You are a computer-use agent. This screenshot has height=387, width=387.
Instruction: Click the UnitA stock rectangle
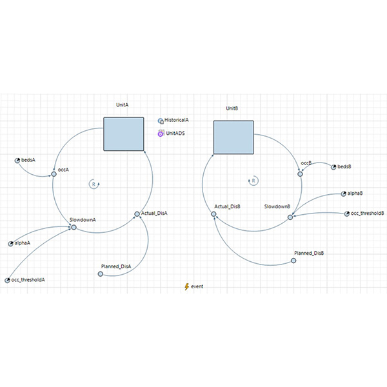tap(124, 134)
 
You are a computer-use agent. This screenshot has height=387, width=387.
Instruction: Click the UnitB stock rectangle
tap(233, 137)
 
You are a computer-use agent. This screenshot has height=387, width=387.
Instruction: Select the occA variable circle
tap(54, 174)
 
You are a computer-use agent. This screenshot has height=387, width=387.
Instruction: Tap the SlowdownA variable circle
tap(74, 227)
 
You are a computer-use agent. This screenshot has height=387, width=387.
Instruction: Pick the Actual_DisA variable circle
tap(137, 214)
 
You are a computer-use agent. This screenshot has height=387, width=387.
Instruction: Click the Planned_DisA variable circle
tap(101, 274)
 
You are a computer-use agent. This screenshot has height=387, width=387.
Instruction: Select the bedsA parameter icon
tap(17, 161)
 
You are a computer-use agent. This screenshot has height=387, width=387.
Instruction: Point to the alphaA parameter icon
tap(10, 244)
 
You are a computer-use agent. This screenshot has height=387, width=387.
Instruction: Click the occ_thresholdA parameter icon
tap(7, 281)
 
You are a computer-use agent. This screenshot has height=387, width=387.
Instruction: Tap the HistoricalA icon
tap(161, 121)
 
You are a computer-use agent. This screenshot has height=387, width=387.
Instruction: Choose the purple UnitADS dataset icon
tap(161, 134)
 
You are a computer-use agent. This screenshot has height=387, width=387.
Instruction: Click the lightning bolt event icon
tap(187, 286)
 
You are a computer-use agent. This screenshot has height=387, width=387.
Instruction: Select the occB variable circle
tap(300, 174)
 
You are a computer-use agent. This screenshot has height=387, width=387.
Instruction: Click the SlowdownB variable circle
tap(290, 217)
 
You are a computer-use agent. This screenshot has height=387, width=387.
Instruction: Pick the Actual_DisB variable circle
tap(213, 214)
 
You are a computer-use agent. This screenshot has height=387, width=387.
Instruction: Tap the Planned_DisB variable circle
tap(293, 261)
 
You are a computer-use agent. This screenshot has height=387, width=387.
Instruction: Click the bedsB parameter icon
tap(333, 167)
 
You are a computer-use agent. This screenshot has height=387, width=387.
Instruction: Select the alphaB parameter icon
tap(344, 194)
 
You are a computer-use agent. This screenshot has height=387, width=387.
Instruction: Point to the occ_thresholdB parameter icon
tap(347, 214)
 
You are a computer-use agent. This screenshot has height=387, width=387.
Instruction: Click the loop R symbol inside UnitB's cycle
tap(253, 181)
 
